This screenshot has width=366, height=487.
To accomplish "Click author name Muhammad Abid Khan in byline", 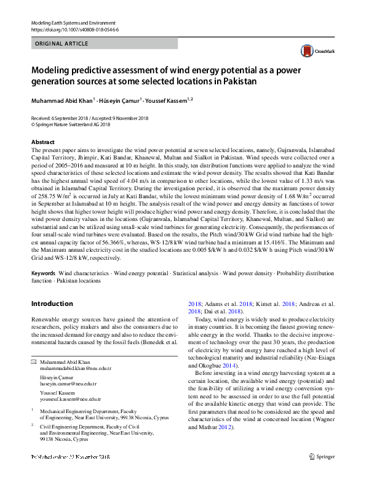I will pyautogui.click(x=62, y=100).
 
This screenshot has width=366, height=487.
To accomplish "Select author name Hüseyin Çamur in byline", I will pyautogui.click(x=121, y=100).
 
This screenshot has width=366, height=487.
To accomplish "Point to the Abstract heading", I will pyautogui.click(x=43, y=142).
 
